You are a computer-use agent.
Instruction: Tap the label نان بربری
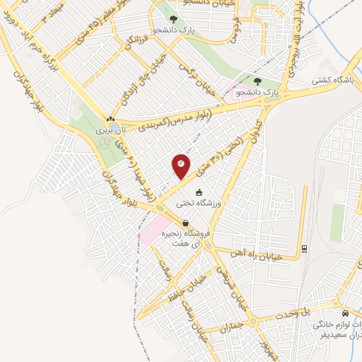pos(110,130)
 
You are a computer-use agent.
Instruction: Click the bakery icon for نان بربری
pos(110,119)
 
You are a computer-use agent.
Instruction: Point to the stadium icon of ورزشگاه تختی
pos(199,192)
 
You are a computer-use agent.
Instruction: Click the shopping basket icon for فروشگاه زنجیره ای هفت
pos(185,223)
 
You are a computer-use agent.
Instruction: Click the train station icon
pos(303,248)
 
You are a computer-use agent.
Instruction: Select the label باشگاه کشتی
pos(335,80)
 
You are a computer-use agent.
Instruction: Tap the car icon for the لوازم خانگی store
pos(344,313)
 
